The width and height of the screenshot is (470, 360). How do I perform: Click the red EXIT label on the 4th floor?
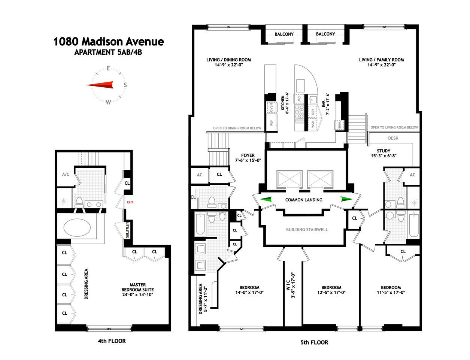tap(130, 202)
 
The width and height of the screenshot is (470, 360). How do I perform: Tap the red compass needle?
tap(100, 85)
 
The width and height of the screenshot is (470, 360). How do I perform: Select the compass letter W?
tap(108, 102)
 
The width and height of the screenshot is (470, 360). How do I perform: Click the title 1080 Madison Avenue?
tap(109, 41)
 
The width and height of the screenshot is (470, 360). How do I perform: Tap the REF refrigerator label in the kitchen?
tap(271, 122)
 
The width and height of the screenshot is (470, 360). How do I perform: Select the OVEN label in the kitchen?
tap(271, 108)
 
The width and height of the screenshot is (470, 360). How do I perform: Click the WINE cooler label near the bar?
tap(339, 124)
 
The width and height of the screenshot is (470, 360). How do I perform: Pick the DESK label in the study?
tap(393, 138)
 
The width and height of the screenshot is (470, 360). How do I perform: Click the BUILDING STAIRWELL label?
tap(307, 230)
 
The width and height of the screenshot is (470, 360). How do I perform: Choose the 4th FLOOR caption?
tap(112, 341)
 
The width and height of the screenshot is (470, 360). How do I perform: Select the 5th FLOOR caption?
tap(314, 342)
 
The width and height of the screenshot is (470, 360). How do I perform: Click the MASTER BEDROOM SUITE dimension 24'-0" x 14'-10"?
tap(137, 295)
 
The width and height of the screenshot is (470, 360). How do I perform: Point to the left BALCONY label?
tap(284, 34)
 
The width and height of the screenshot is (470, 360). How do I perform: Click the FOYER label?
tap(248, 155)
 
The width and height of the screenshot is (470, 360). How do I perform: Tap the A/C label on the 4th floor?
tap(66, 175)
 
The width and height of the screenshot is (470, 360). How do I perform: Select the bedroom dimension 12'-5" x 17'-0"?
tap(331, 293)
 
